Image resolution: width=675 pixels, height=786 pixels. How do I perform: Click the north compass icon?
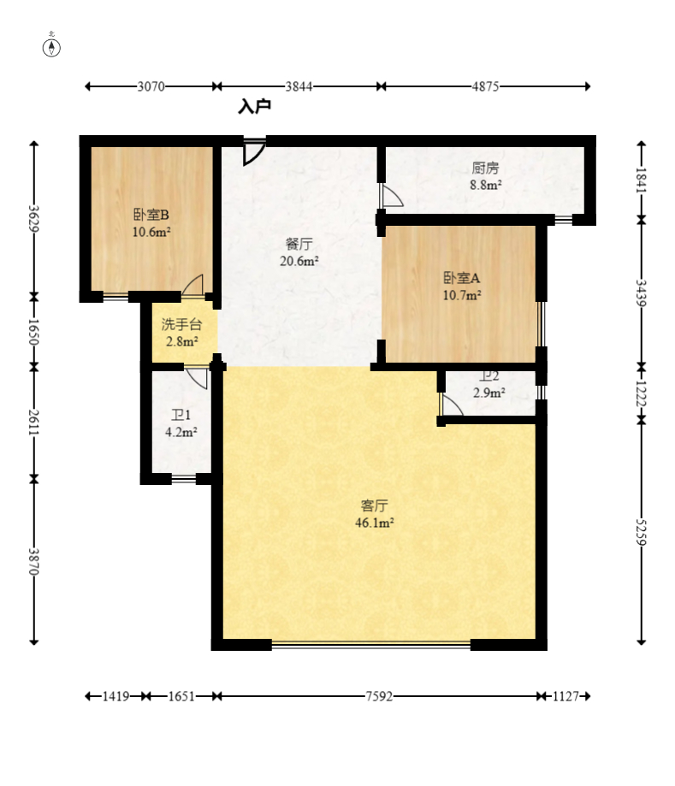[x=51, y=46]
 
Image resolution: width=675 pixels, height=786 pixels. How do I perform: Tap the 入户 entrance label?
[x=255, y=106]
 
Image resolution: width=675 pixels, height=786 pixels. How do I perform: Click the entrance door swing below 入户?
[x=254, y=151]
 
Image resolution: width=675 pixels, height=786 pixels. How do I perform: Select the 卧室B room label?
[x=151, y=215]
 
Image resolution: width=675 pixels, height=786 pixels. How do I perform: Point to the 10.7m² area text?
[x=462, y=295]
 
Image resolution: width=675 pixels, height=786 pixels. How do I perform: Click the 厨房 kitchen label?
[x=485, y=168]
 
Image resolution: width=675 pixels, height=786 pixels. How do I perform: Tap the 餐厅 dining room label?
[x=299, y=244]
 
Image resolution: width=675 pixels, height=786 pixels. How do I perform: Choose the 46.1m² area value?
[x=375, y=523]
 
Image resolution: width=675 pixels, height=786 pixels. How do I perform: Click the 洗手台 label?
[x=181, y=324]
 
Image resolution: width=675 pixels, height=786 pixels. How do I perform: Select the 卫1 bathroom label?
[x=181, y=415]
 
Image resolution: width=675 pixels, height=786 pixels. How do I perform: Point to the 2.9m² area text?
[x=489, y=393]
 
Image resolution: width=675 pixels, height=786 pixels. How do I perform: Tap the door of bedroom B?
[x=193, y=285]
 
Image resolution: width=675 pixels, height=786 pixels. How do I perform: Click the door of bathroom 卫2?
[x=452, y=405]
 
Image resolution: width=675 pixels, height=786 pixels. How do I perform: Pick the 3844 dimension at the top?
[x=299, y=86]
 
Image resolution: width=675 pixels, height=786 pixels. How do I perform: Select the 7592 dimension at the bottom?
[x=379, y=696]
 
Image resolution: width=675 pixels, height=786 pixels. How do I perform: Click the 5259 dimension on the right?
[x=641, y=532]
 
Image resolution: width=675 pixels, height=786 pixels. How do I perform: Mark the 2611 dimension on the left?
[x=33, y=423]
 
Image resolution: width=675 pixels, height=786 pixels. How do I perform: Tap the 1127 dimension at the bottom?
[x=565, y=696]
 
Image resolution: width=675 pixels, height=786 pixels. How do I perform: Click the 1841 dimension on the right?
[x=641, y=180]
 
